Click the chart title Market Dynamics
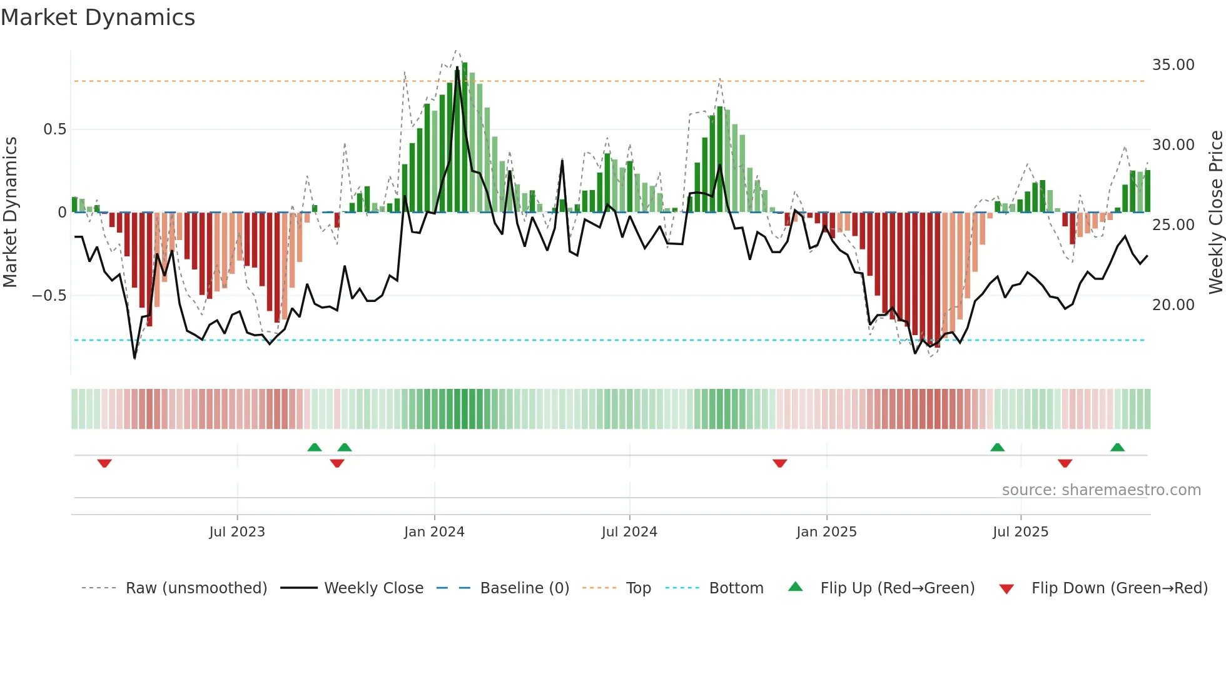[x=98, y=18]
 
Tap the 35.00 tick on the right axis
[x=1173, y=65]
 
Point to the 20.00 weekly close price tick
[x=1173, y=305]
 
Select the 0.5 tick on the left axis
[x=54, y=129]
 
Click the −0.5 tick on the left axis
[x=49, y=296]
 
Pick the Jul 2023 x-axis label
[x=237, y=532]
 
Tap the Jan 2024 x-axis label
[x=434, y=532]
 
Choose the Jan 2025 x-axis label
[x=826, y=532]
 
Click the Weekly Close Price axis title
[x=1215, y=213]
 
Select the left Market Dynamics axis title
[x=10, y=213]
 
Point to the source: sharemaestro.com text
[x=1101, y=490]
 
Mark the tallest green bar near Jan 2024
[x=465, y=138]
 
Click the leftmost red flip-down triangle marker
[x=104, y=463]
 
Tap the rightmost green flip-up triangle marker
[x=1117, y=447]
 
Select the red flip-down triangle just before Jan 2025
[x=779, y=463]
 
